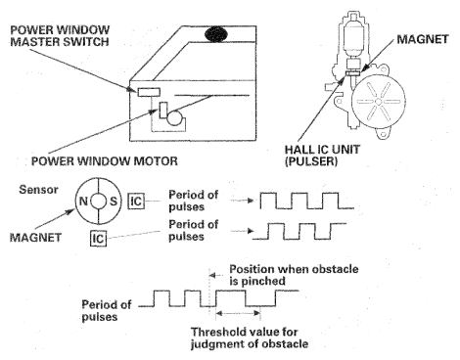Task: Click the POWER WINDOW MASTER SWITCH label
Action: tap(60, 36)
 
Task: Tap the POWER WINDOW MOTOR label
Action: tap(105, 160)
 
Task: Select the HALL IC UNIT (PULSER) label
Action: tap(322, 156)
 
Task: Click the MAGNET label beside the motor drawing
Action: tap(423, 39)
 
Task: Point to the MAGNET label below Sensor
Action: tap(35, 237)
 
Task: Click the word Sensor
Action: tap(38, 190)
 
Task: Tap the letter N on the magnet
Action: tap(83, 202)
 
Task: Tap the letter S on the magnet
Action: tap(114, 202)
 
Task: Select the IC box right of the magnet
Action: tap(136, 201)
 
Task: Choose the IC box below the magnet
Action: tap(98, 238)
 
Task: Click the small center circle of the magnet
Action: tap(98, 202)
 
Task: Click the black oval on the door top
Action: tap(216, 34)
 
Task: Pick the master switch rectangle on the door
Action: tap(149, 92)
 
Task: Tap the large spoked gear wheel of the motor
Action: tap(379, 102)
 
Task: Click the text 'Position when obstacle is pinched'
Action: tap(294, 275)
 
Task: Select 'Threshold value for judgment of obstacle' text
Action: tap(250, 337)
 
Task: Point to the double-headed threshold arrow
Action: tap(239, 313)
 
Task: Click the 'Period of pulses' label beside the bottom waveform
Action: tap(107, 311)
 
